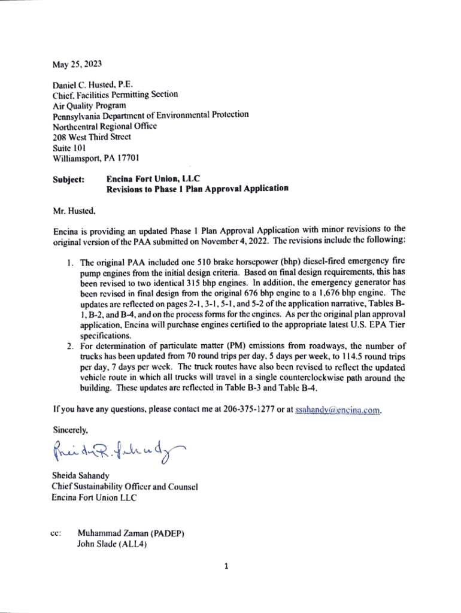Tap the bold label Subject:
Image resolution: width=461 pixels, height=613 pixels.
point(69,178)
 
